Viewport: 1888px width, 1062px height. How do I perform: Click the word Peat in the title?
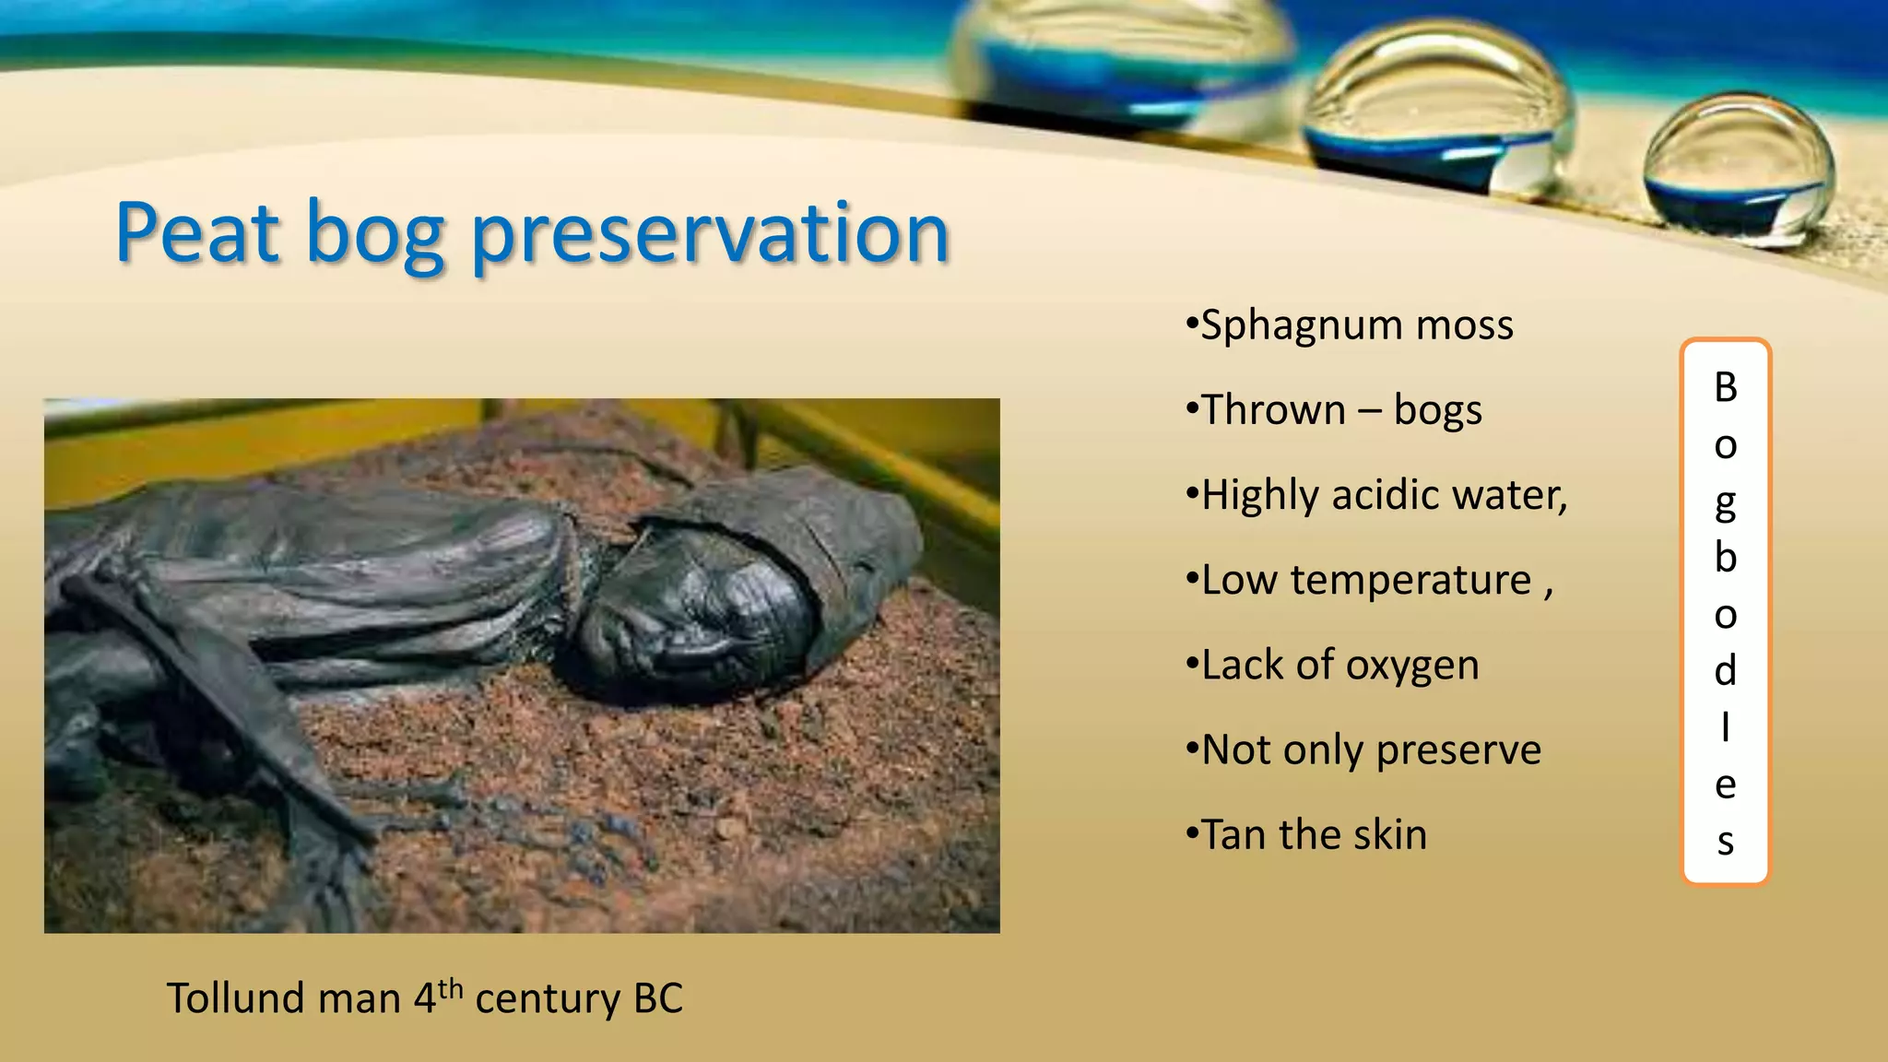pyautogui.click(x=197, y=232)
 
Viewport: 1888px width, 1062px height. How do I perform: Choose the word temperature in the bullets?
pyautogui.click(x=1410, y=581)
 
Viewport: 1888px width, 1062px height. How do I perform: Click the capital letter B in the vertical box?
pyautogui.click(x=1726, y=388)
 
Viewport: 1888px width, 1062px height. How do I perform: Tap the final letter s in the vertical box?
pyautogui.click(x=1726, y=842)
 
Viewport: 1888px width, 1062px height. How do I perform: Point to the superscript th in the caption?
pyautogui.click(x=450, y=989)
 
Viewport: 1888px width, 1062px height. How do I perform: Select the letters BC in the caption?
pyautogui.click(x=658, y=998)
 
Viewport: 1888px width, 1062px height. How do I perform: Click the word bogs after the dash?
pyautogui.click(x=1438, y=410)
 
